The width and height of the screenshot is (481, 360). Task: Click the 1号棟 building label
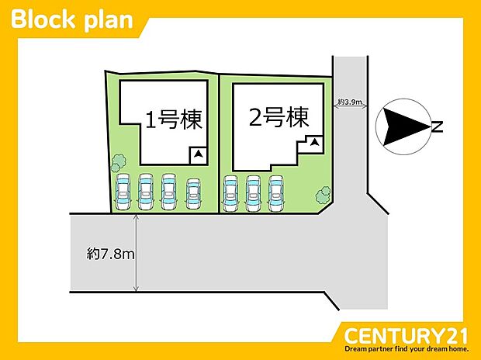coord(174,119)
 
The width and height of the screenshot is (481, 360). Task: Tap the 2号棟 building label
coord(279,117)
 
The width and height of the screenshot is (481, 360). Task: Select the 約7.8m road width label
coord(110,254)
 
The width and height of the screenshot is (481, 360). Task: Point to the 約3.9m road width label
coord(350,102)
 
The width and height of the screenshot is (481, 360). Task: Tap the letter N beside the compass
coord(438,126)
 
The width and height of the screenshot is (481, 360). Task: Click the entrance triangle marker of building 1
coord(199,154)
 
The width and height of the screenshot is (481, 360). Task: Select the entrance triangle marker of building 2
coord(314,143)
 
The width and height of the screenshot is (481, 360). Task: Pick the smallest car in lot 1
coord(193,194)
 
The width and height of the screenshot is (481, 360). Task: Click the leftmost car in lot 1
coord(123,192)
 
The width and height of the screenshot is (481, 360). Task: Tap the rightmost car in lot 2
coord(275,193)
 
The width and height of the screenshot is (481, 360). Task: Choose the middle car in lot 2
coord(253,193)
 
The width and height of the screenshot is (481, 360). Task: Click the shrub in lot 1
coord(118,163)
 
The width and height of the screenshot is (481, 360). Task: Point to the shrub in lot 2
coord(323,195)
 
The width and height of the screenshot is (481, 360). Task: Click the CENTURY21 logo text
coord(406,336)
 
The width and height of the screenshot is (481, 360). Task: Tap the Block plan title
coord(72,20)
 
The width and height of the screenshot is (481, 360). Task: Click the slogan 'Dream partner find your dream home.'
coord(407,349)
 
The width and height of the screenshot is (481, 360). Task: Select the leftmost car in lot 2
coord(230,193)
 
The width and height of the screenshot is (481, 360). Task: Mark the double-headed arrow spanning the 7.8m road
coord(137,253)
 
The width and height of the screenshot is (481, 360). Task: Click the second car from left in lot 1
coord(146,192)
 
